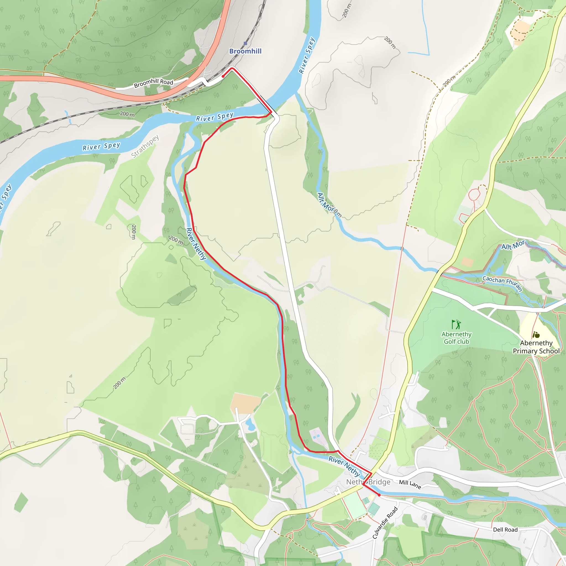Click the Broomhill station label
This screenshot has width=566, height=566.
click(245, 51)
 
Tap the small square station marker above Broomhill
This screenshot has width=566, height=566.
click(245, 43)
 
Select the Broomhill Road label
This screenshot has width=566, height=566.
click(153, 83)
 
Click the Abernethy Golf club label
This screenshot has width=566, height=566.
click(457, 338)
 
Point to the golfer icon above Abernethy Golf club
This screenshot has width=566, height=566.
click(456, 324)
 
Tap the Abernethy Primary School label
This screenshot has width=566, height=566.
click(536, 347)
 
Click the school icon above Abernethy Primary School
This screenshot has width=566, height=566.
click(536, 335)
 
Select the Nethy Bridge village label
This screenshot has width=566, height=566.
click(368, 482)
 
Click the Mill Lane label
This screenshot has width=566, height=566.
click(410, 484)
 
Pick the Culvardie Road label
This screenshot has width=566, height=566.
click(385, 523)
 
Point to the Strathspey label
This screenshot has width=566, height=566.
click(145, 146)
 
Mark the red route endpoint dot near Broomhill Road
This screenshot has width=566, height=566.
click(223, 77)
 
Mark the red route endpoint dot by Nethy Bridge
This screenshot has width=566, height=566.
click(379, 495)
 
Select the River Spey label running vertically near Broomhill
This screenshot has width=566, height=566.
click(306, 55)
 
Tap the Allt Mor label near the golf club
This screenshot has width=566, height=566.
click(513, 245)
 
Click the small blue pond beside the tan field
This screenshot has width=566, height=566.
click(250, 424)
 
